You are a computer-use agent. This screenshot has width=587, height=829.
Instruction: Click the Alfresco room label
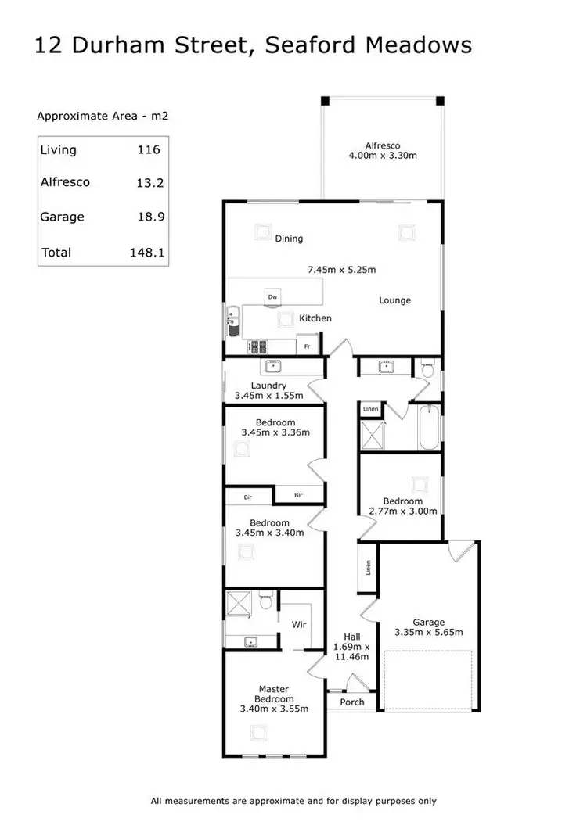coord(383,145)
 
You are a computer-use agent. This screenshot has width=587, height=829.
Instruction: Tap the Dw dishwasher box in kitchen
coord(272,296)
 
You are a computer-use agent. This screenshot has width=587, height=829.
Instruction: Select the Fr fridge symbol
coord(308,346)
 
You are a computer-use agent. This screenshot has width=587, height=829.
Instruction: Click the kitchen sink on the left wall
coord(233,319)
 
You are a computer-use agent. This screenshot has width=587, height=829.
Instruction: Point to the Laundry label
coord(268,386)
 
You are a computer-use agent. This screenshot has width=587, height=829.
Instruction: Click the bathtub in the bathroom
coord(430,427)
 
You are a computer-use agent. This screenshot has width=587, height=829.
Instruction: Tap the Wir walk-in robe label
coord(299,625)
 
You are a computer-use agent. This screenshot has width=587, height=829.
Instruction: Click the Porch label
coord(352,702)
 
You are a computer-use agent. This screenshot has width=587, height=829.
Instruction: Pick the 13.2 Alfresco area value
coord(147,182)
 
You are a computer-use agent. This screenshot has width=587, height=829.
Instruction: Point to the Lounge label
coord(394,300)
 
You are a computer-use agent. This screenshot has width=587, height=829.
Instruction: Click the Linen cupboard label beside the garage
coord(368,567)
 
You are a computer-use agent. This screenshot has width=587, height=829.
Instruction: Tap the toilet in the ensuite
coord(265,601)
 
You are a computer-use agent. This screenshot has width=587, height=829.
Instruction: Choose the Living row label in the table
coord(59,149)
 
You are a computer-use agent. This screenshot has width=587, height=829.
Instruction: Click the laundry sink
coord(274,366)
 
